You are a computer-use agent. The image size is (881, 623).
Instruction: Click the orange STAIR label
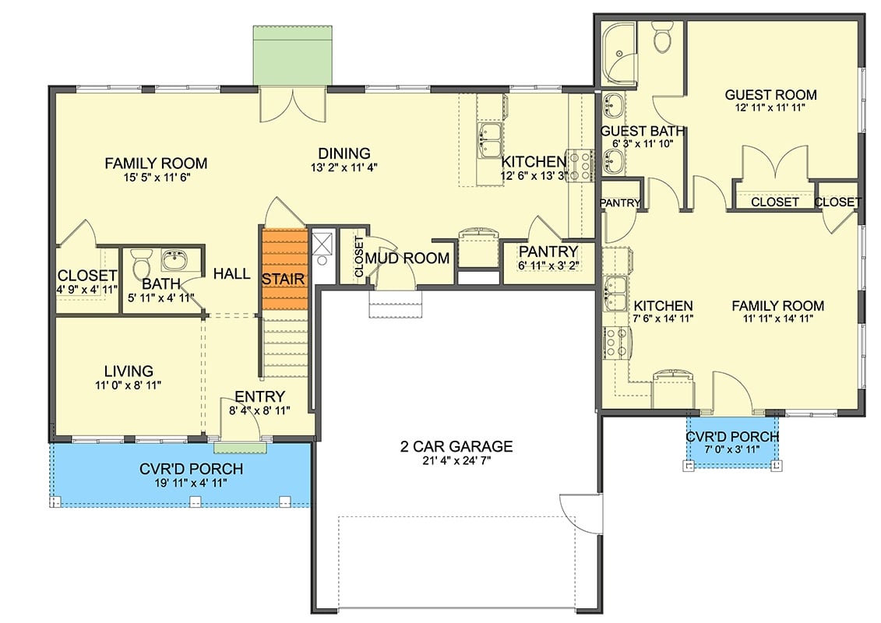pyautogui.click(x=283, y=278)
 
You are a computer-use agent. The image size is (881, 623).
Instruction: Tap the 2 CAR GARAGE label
pyautogui.click(x=456, y=446)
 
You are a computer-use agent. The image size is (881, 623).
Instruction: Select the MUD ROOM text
pyautogui.click(x=407, y=258)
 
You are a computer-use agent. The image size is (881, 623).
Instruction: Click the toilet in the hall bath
pyautogui.click(x=142, y=260)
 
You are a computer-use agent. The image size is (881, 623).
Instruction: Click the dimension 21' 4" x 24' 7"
pyautogui.click(x=456, y=460)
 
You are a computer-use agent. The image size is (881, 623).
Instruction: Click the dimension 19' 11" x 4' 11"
pyautogui.click(x=191, y=483)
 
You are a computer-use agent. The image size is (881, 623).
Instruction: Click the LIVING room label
pyautogui.click(x=129, y=371)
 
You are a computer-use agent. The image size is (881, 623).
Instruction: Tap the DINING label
pyautogui.click(x=343, y=153)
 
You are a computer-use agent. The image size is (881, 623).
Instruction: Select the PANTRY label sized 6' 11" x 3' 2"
pyautogui.click(x=548, y=252)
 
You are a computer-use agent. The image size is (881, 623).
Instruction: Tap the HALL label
pyautogui.click(x=232, y=273)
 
